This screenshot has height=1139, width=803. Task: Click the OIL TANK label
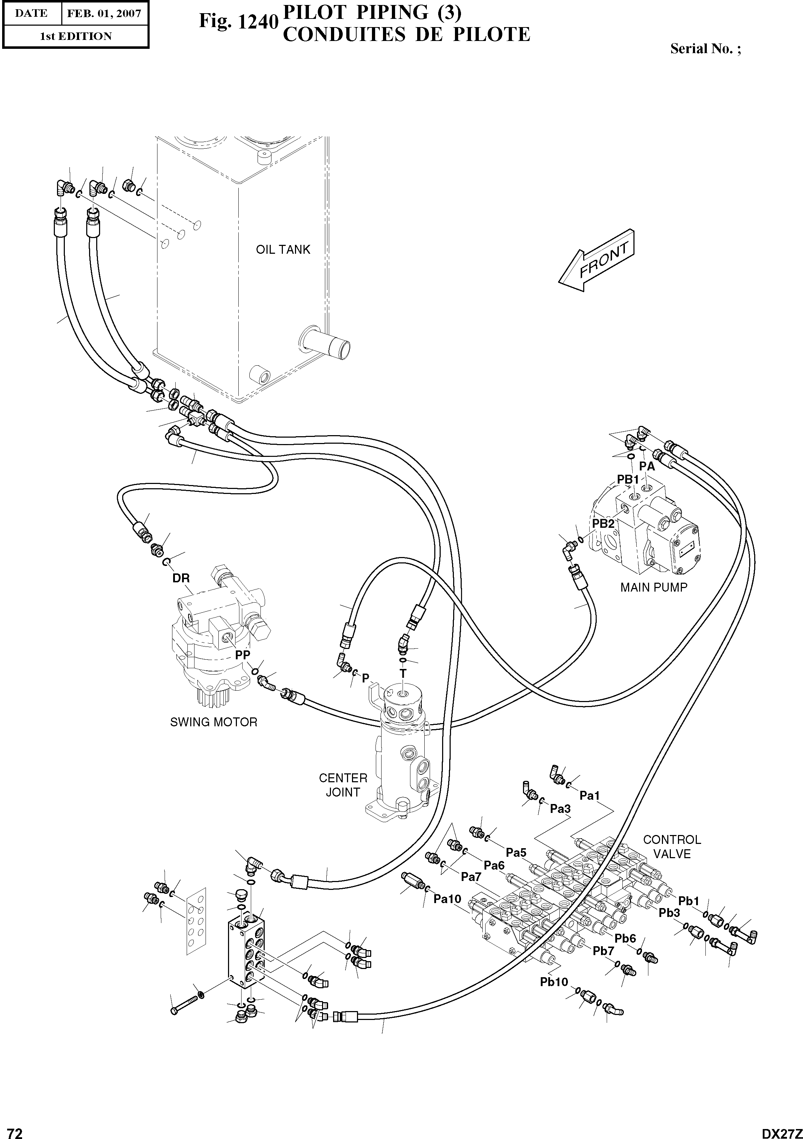click(x=283, y=249)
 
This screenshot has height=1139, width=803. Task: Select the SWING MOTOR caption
click(x=214, y=722)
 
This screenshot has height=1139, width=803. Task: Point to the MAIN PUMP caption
click(x=654, y=587)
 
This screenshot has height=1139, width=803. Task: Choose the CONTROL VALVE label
click(x=672, y=846)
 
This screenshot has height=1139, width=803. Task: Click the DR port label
click(x=181, y=578)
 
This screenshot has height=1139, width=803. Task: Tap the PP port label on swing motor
click(x=243, y=655)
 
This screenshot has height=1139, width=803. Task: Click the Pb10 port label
click(x=554, y=982)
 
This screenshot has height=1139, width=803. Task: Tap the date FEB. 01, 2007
click(x=104, y=14)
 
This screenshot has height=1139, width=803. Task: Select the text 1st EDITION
click(x=76, y=36)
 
